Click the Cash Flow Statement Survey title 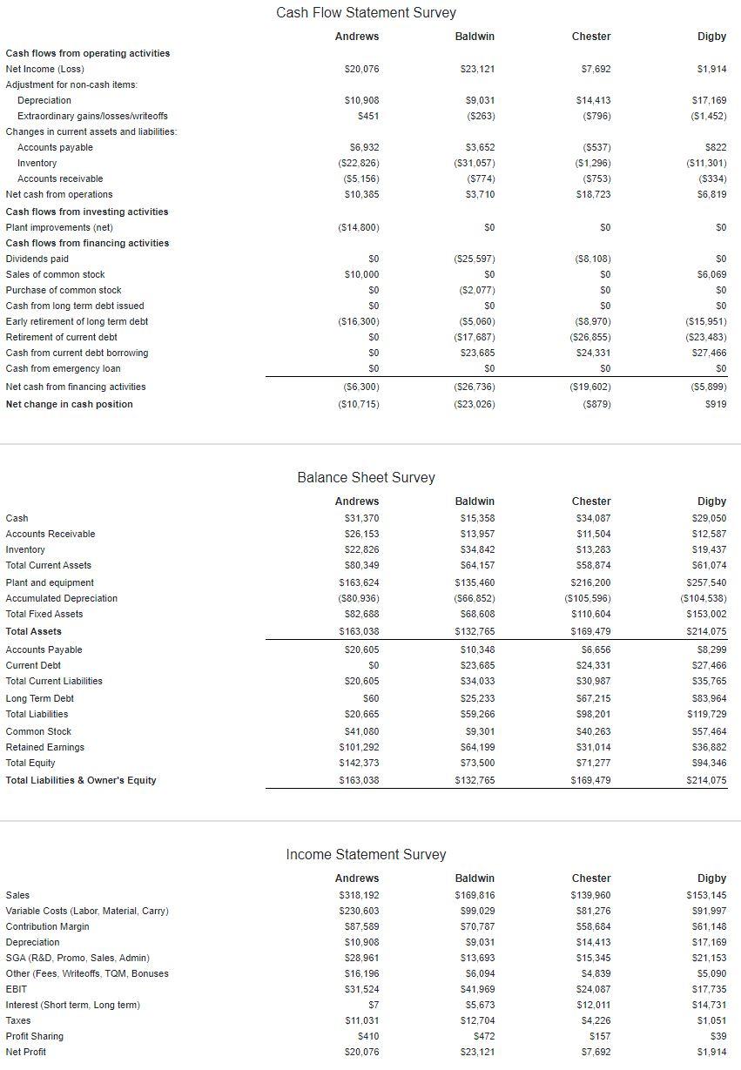tap(366, 12)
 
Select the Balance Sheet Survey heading tap(366, 477)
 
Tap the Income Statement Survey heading tap(366, 854)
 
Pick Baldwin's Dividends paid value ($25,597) tap(475, 259)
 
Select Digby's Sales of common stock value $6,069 tap(711, 274)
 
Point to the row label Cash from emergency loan tap(64, 368)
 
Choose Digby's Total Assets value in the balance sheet tap(707, 631)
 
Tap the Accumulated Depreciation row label tap(62, 598)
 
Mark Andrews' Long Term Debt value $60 tap(370, 698)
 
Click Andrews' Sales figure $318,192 tap(359, 895)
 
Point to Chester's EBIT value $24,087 tap(593, 989)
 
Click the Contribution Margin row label tap(48, 926)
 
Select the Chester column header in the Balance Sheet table tap(591, 501)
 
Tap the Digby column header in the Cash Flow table tap(711, 36)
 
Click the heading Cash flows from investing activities tap(87, 212)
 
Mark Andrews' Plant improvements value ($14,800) tap(358, 227)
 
